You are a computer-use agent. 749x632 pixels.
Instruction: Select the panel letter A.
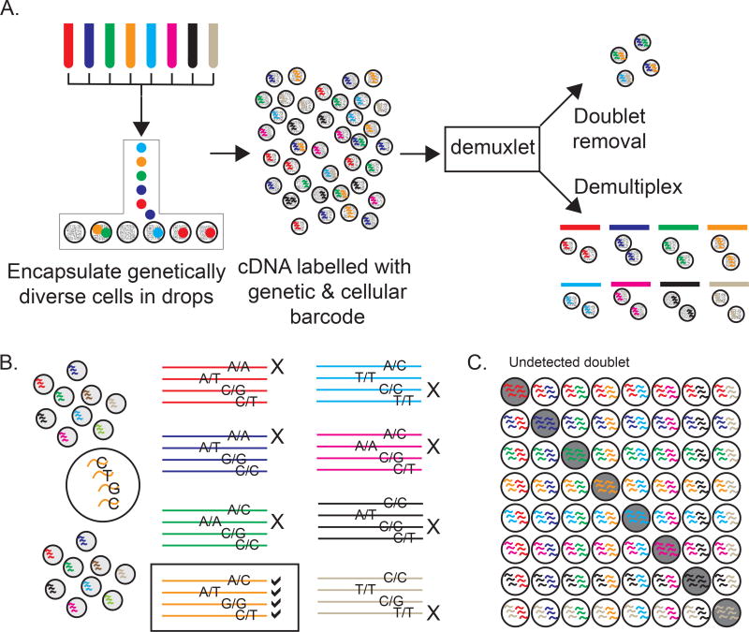click(12, 11)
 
